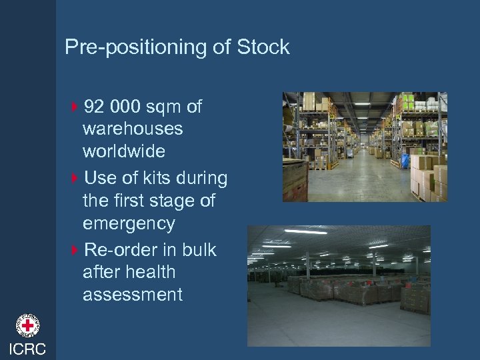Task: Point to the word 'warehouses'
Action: coord(133,129)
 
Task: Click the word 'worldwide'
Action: coord(123,151)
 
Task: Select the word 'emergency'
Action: coord(129,223)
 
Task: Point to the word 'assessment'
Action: coord(132,294)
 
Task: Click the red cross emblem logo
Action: coord(28,326)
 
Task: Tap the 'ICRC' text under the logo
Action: coord(28,349)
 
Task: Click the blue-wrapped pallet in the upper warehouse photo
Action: coord(404,162)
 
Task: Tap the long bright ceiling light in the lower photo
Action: coord(306,232)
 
